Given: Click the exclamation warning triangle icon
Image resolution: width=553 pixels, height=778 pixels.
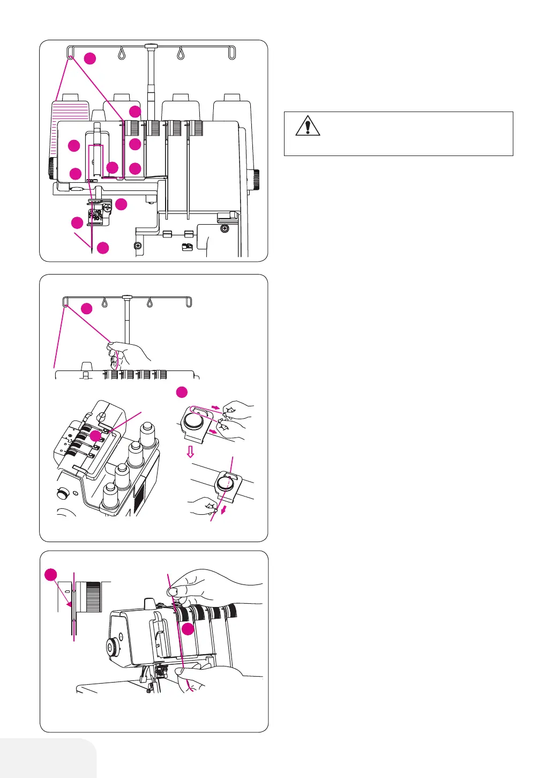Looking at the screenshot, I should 308,126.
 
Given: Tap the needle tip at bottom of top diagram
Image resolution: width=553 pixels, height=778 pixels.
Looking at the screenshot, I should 92,250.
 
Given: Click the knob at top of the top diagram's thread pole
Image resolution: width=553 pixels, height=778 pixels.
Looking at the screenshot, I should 152,47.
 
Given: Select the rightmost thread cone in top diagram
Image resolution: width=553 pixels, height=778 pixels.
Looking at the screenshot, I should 231,110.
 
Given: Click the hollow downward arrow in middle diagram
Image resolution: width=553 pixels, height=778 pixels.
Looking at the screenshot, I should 190,451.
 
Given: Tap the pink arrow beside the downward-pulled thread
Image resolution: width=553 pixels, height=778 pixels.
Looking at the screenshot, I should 223,508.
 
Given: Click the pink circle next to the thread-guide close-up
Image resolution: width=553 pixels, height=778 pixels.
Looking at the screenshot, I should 182,392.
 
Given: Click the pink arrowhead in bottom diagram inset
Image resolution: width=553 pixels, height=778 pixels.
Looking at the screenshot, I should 70,604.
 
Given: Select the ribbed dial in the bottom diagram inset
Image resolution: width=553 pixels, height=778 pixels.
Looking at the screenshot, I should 93,596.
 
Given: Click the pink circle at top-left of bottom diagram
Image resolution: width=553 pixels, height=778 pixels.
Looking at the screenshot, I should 50,575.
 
